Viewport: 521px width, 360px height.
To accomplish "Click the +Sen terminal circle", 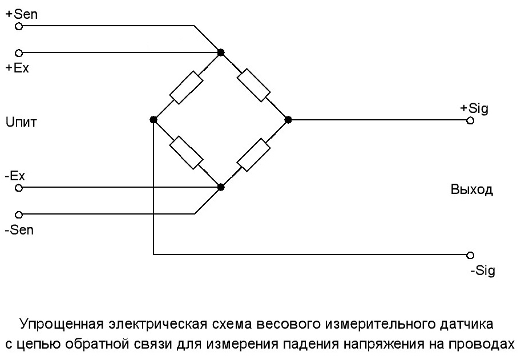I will click(x=19, y=26).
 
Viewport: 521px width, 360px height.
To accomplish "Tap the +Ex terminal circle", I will click(x=19, y=52).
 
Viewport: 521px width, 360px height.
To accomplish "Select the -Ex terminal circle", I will click(x=19, y=187).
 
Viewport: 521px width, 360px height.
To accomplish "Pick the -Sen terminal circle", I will click(x=19, y=215).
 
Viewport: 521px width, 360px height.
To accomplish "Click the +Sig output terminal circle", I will click(x=470, y=120).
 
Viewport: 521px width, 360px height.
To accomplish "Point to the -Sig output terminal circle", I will click(x=470, y=254).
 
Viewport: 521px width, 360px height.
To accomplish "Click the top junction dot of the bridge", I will click(x=221, y=52).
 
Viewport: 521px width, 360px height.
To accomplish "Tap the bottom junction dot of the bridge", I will click(x=221, y=187).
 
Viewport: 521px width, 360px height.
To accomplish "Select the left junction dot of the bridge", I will click(x=154, y=120).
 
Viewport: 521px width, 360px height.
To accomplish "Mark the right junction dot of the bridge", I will click(x=288, y=120).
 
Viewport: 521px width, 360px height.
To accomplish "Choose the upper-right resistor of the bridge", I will click(x=255, y=86).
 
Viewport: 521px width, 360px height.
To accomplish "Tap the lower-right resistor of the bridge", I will click(x=255, y=154).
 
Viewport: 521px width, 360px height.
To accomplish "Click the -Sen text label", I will click(x=19, y=229).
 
